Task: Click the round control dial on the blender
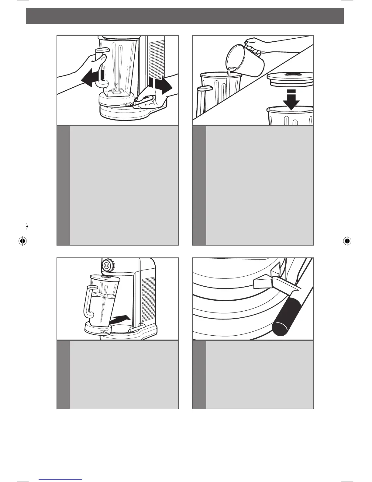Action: tap(107, 265)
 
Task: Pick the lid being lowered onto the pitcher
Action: tap(290, 80)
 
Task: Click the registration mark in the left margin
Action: tap(22, 241)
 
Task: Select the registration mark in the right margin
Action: tap(347, 241)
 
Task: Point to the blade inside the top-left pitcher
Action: tap(116, 89)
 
